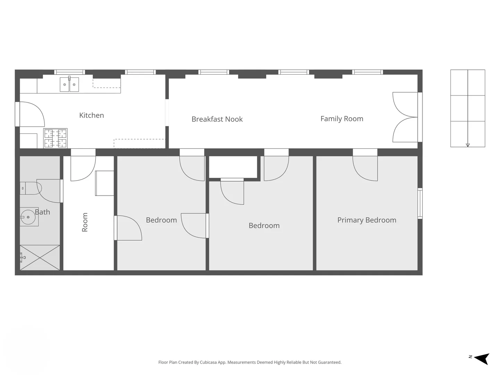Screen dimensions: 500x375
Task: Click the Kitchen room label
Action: pyautogui.click(x=91, y=115)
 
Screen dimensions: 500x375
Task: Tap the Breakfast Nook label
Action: pyautogui.click(x=217, y=119)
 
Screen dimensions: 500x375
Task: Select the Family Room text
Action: pyautogui.click(x=342, y=119)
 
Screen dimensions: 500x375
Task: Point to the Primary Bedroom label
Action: pyautogui.click(x=367, y=220)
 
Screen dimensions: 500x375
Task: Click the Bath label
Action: pyautogui.click(x=42, y=212)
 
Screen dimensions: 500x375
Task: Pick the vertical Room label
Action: pyautogui.click(x=85, y=222)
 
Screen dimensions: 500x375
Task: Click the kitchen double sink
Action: pyautogui.click(x=69, y=84)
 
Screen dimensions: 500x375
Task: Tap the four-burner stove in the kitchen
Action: pyautogui.click(x=55, y=138)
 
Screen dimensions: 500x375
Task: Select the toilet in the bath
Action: pyautogui.click(x=31, y=188)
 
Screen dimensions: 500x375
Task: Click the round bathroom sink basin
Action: pyautogui.click(x=28, y=217)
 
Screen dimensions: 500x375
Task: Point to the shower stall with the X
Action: pyautogui.click(x=40, y=258)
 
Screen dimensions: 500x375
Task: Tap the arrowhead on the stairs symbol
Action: pyautogui.click(x=468, y=145)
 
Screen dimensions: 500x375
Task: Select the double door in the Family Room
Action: pyautogui.click(x=405, y=117)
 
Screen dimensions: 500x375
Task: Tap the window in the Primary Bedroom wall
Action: pyautogui.click(x=420, y=203)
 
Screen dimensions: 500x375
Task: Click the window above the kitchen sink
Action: pyautogui.click(x=69, y=72)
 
